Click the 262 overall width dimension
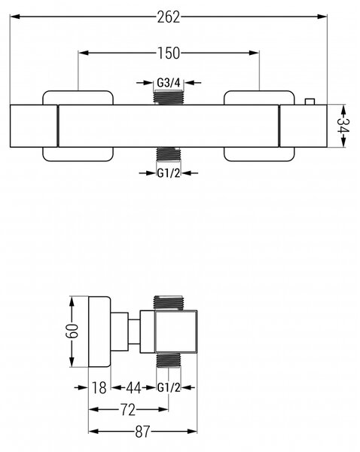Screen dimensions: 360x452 [169, 17]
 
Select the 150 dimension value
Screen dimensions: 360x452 [169, 53]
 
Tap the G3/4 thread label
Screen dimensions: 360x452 [169, 83]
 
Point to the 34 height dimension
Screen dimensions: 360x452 [343, 126]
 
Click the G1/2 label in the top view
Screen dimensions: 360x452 [169, 173]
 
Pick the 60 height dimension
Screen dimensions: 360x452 [72, 331]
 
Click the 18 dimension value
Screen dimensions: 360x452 [99, 388]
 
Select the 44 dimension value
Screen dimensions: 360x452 [134, 388]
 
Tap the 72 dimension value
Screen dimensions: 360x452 [127, 410]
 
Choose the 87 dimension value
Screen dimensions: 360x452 [142, 432]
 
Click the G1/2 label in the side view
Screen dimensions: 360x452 [169, 388]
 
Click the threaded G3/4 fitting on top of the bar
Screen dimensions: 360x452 [169, 97]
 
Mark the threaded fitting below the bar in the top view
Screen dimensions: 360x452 [168, 154]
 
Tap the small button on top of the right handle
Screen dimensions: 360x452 [310, 102]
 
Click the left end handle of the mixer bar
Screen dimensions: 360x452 [34, 126]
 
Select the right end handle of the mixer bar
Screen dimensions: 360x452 [304, 126]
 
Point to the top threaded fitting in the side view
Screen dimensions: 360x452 [169, 304]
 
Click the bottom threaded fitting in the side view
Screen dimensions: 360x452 [169, 360]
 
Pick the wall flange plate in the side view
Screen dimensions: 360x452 [99, 331]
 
